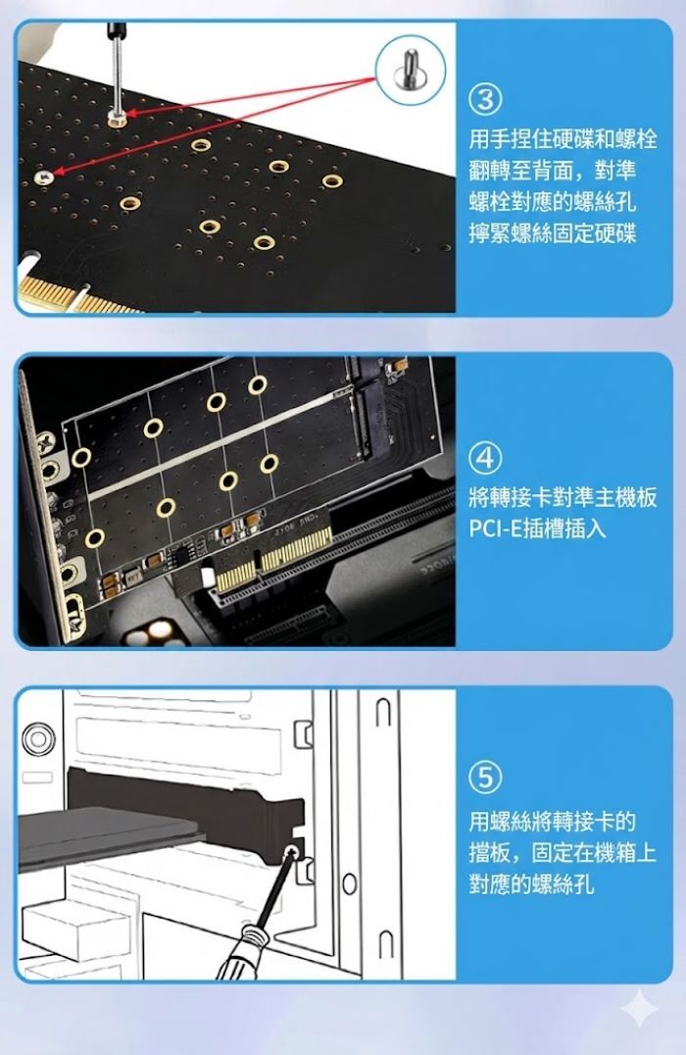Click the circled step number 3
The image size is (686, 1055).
[485, 99]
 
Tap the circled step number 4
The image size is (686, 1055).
[485, 458]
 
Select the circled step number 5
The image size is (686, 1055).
[485, 778]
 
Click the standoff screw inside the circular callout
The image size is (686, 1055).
[410, 70]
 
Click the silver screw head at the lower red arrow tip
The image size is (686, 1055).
[42, 176]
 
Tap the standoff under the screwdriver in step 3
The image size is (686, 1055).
[117, 119]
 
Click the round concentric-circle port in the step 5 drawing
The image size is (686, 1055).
[38, 738]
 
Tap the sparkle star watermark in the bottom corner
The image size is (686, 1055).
[638, 1008]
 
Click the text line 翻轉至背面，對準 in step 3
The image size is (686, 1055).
[553, 171]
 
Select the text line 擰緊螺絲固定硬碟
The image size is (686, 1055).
[553, 233]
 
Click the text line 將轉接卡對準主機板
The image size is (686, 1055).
[563, 498]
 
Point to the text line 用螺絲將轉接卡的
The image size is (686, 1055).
[553, 822]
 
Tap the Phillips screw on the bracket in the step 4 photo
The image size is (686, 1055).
[46, 443]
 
